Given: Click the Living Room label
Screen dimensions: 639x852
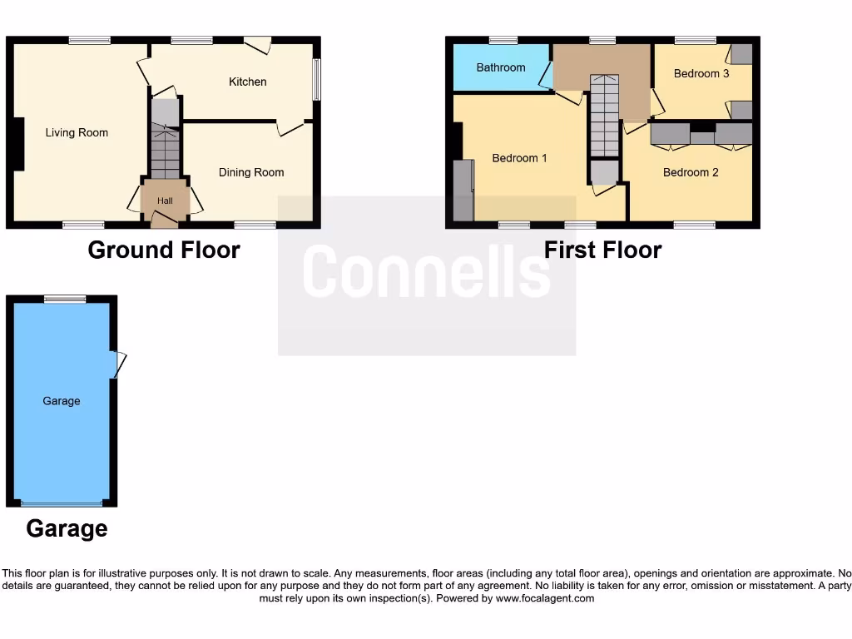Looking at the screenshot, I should tap(77, 132).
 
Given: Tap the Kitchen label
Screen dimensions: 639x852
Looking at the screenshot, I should tap(248, 82).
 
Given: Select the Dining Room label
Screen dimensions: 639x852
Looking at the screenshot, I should tap(251, 172).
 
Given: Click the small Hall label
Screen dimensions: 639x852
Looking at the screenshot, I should tap(165, 201).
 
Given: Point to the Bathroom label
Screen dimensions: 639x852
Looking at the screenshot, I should tap(501, 67).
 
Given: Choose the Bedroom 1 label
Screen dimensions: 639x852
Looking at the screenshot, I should tap(519, 158).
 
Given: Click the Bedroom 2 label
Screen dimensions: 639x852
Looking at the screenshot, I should tap(691, 172).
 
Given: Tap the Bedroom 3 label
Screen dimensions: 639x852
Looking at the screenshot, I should tap(701, 73).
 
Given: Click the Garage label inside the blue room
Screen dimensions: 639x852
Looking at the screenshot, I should tap(62, 401).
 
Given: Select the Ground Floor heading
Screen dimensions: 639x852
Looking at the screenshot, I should tap(164, 250).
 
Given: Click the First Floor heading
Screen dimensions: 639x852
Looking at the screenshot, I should tap(602, 250).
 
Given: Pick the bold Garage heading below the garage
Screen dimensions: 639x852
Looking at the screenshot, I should tap(67, 528).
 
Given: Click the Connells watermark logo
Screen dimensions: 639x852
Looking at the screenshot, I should tap(426, 273).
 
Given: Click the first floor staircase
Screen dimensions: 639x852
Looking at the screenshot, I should tap(604, 116).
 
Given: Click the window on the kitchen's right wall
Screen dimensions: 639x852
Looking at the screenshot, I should tap(316, 80).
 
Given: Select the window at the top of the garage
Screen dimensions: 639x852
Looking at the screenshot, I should tap(65, 299).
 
